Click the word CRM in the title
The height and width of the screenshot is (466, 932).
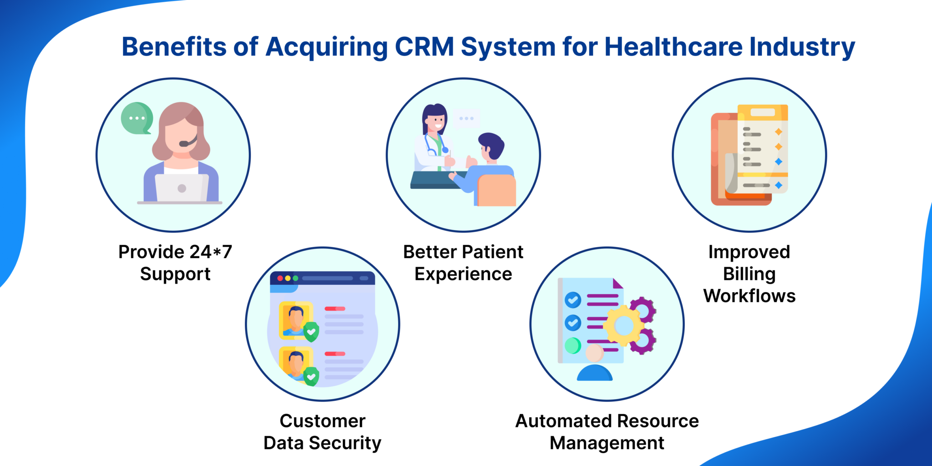(x=424, y=47)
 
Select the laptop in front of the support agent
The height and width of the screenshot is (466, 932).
(x=181, y=187)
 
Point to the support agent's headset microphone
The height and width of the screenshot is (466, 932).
(x=183, y=144)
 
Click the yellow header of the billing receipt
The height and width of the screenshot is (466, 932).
(x=762, y=112)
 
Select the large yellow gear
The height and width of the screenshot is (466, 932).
(x=623, y=325)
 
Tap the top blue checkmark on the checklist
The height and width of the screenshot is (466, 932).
(x=572, y=300)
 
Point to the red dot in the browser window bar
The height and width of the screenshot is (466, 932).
(x=280, y=278)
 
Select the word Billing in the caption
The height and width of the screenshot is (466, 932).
(x=749, y=274)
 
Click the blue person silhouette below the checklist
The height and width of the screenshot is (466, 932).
(x=594, y=373)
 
